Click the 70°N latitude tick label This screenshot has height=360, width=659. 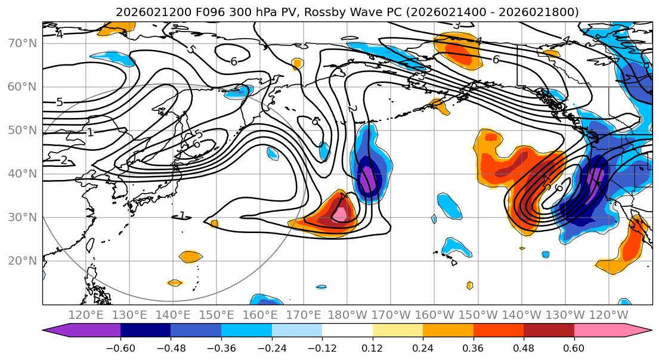[23, 44]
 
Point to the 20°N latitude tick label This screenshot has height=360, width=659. [23, 261]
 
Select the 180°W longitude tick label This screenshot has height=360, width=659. [347, 315]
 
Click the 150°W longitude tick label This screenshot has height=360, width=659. [478, 315]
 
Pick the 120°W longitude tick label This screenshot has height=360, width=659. [608, 315]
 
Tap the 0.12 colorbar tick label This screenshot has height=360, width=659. [372, 347]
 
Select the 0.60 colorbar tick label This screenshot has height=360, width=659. [574, 347]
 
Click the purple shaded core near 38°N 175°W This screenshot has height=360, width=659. [367, 181]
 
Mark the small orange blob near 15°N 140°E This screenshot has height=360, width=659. [174, 283]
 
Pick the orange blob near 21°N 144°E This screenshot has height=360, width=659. [191, 257]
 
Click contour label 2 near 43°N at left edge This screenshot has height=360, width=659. [64, 160]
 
